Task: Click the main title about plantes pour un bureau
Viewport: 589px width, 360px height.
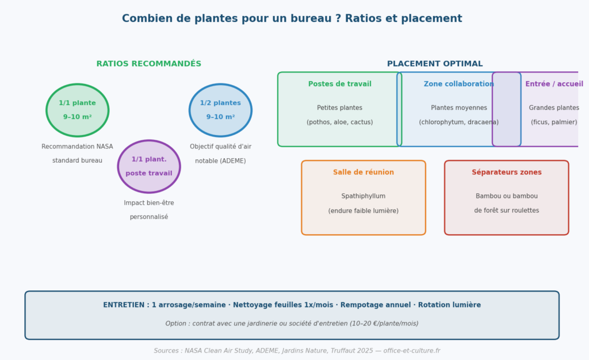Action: pyautogui.click(x=292, y=18)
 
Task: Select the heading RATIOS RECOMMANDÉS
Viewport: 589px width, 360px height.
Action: pyautogui.click(x=149, y=64)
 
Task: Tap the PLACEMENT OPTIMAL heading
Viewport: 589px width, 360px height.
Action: pyautogui.click(x=435, y=64)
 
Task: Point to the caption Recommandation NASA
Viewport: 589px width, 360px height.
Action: pyautogui.click(x=77, y=147)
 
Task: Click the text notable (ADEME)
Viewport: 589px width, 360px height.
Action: pyautogui.click(x=220, y=160)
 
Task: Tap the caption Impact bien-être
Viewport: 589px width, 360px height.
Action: pyautogui.click(x=149, y=202)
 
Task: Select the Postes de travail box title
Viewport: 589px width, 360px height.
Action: pyautogui.click(x=339, y=84)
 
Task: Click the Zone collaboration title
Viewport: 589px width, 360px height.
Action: pyautogui.click(x=458, y=84)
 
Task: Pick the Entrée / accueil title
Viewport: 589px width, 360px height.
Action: pyautogui.click(x=554, y=84)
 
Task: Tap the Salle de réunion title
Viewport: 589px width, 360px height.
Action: pyautogui.click(x=364, y=173)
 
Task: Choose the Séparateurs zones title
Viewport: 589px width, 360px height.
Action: pyautogui.click(x=506, y=173)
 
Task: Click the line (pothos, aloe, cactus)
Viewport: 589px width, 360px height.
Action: pyautogui.click(x=339, y=122)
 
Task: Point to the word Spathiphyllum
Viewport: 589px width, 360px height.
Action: pyautogui.click(x=364, y=196)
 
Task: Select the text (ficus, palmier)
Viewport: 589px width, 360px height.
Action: pyautogui.click(x=554, y=122)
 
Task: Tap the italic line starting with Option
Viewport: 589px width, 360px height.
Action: pyautogui.click(x=292, y=323)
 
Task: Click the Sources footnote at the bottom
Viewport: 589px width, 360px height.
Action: pyautogui.click(x=297, y=351)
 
